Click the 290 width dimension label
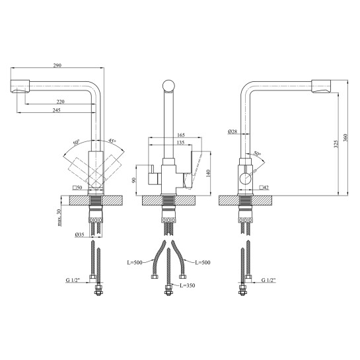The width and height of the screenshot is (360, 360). [57, 65]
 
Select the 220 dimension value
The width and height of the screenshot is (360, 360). [61, 102]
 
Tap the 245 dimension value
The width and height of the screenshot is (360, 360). [57, 110]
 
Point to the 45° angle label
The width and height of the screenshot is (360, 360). [112, 141]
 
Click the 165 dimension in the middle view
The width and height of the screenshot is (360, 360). [181, 135]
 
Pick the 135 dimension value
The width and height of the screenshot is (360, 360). [180, 143]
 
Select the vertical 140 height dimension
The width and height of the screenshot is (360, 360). [208, 173]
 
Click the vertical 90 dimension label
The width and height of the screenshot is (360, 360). [134, 180]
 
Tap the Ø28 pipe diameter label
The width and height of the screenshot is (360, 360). [233, 131]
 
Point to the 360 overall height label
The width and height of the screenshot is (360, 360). [345, 137]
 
